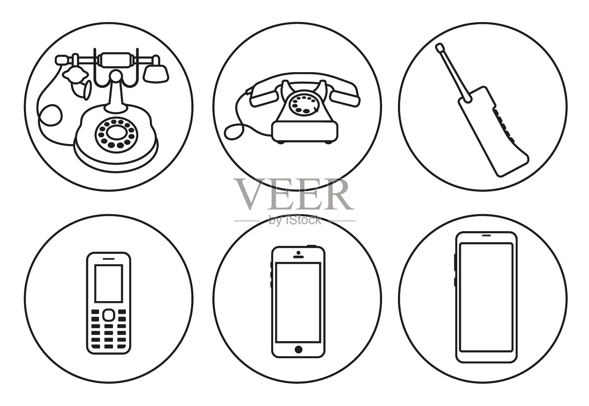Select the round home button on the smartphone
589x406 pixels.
298,349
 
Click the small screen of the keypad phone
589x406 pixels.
109,283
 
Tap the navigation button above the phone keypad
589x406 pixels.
109,315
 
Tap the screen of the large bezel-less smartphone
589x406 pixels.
486,297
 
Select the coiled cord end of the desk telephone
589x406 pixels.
234,131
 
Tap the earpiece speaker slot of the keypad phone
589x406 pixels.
109,258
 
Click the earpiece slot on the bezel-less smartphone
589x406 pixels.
486,235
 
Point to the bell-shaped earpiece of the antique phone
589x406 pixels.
156,72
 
